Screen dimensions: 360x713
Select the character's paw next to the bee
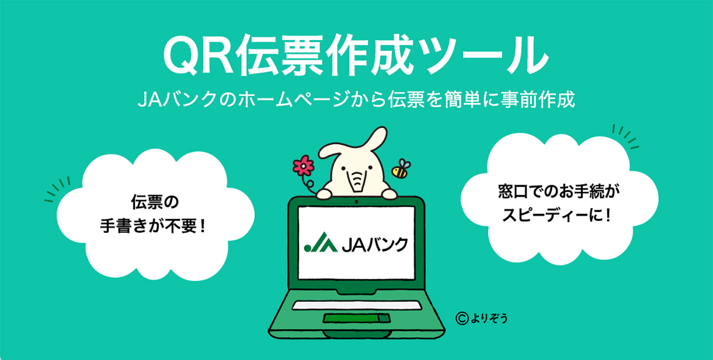coord(389,194)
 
